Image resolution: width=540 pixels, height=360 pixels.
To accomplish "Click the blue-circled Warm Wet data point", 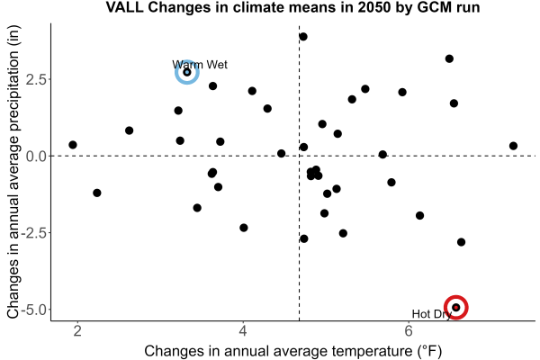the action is coord(187,72).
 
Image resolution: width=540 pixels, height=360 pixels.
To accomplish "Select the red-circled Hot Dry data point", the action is coord(456,307).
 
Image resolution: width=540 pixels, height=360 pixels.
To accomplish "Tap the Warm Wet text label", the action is coord(200,65).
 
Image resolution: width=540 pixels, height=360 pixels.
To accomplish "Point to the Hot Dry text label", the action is coord(431,314).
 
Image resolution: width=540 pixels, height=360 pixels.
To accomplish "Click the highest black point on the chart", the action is coord(303,37).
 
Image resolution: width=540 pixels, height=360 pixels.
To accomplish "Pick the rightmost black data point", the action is coord(513,146).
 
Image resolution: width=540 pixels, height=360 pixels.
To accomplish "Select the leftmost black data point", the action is coord(73,145).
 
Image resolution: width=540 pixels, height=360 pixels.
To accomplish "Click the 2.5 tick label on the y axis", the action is coord(36,79).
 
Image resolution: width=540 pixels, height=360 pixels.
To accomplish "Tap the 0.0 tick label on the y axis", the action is coord(36,156).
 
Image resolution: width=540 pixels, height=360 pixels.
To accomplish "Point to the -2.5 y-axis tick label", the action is coord(34,233).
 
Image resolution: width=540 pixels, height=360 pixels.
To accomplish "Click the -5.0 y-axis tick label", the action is coord(34,310).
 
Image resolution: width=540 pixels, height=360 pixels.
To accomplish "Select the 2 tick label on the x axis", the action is coord(77,330).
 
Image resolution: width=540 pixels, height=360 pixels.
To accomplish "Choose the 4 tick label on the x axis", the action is coord(243,330).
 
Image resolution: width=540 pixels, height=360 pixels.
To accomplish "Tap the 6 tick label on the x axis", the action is coord(409,330).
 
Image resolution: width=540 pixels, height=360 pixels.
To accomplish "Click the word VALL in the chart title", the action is coord(124,7).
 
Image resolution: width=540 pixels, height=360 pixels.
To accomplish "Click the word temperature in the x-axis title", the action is coord(372,351).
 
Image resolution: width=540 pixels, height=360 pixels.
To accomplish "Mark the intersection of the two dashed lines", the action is coord(299,156).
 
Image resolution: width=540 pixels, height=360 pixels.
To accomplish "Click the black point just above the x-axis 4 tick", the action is coord(244,228).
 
